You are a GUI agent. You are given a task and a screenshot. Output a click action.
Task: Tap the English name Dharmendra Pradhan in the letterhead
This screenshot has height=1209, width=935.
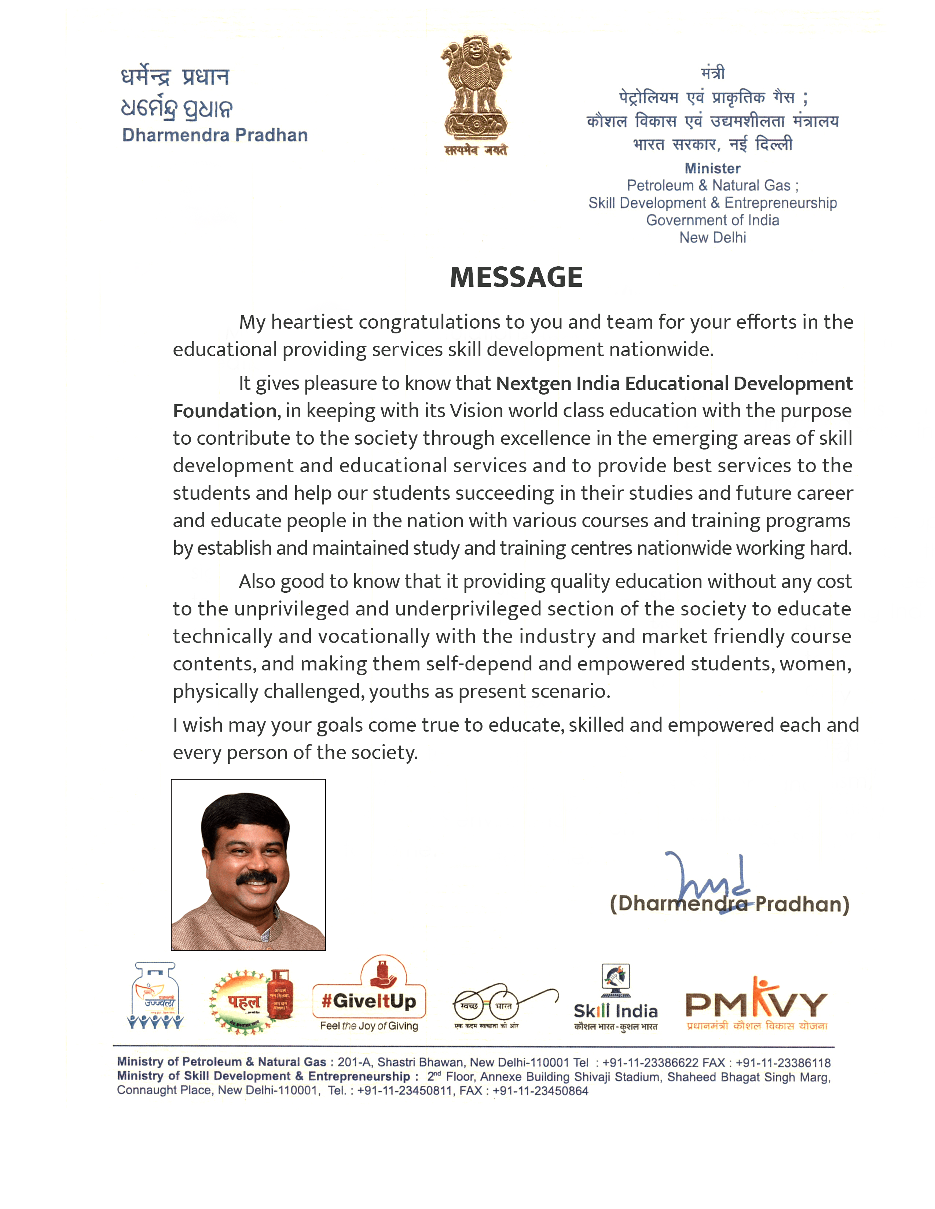point(215,135)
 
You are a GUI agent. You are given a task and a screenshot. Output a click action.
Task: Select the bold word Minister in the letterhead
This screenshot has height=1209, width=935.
point(712,168)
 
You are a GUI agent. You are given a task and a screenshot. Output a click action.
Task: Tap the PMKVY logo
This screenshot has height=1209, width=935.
point(756,1003)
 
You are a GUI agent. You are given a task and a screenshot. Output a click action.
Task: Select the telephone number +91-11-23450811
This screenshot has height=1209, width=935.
point(405,1091)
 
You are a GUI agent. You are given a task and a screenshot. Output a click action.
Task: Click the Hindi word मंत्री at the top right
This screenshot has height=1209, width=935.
point(712,73)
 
